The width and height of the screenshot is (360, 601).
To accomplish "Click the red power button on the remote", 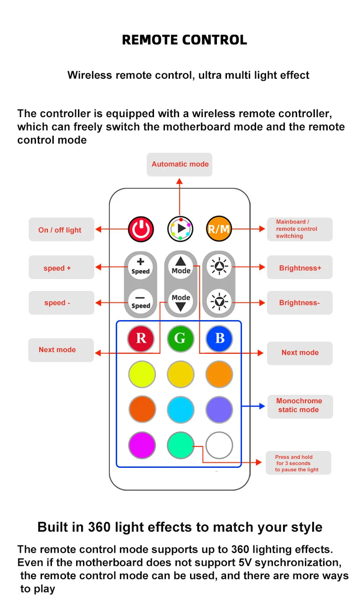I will click(x=141, y=229).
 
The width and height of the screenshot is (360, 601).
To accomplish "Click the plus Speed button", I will click(x=140, y=266).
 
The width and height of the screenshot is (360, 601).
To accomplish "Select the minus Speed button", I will click(x=140, y=301).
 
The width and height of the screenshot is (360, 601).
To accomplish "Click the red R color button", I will click(x=141, y=338).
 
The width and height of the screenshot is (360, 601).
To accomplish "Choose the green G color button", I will click(x=180, y=338).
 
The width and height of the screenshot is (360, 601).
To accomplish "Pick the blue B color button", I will click(x=219, y=338).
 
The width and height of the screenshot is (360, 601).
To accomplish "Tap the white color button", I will click(x=219, y=445).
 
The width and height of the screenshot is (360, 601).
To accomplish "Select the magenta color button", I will click(x=142, y=445).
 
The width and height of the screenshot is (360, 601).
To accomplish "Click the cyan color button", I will click(x=180, y=409).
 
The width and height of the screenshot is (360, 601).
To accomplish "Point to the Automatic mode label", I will click(x=180, y=164).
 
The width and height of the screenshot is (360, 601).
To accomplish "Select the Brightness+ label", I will click(x=299, y=268).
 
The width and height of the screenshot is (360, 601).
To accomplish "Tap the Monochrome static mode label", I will click(x=299, y=405).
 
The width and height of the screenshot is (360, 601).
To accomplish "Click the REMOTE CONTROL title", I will click(x=184, y=40).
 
